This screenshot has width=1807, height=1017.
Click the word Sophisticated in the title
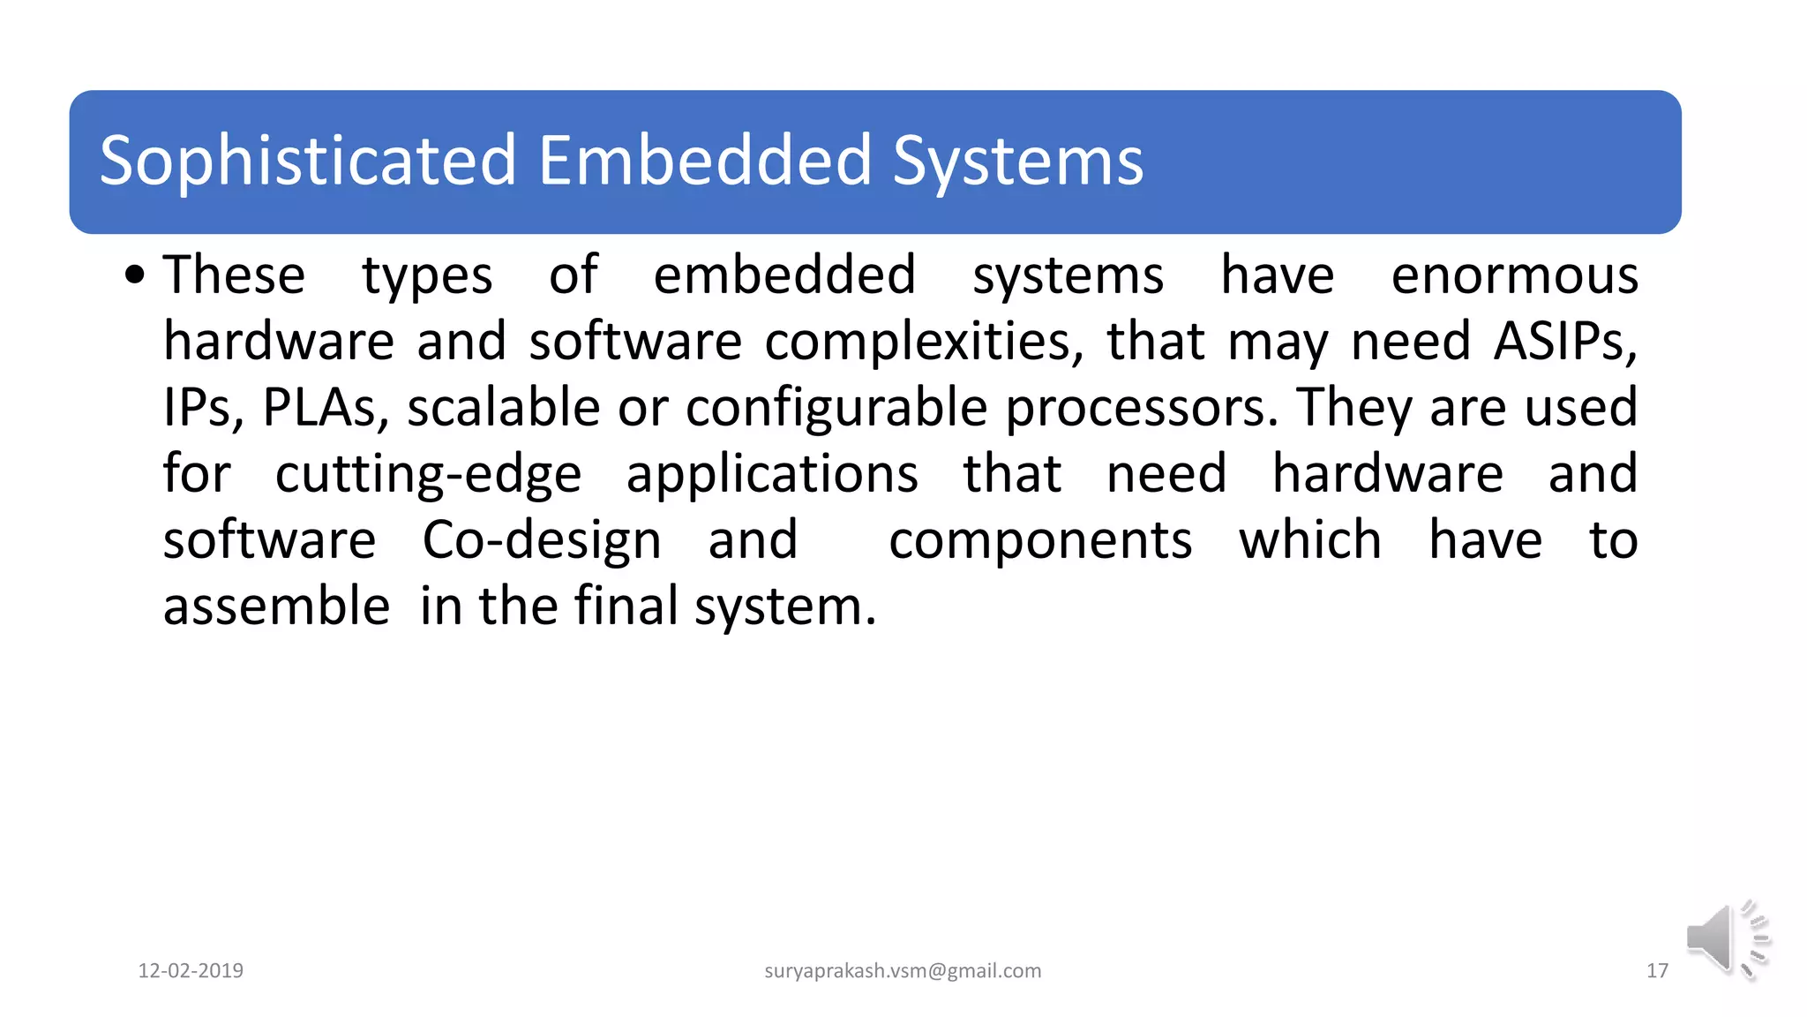(x=307, y=161)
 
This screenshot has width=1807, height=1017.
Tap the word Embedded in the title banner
(x=705, y=161)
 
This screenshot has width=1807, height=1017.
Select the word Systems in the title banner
(x=1017, y=162)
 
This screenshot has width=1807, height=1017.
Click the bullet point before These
(x=134, y=275)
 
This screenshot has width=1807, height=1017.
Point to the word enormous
(x=1514, y=275)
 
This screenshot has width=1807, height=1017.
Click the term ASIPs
(x=1564, y=342)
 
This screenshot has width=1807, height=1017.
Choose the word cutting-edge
(x=428, y=474)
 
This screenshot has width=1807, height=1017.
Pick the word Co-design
(x=542, y=540)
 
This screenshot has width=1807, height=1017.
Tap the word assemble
(x=276, y=606)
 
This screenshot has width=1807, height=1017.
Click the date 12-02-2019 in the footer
(x=191, y=971)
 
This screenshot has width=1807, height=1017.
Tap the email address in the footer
(x=903, y=971)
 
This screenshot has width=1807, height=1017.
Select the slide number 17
(x=1657, y=971)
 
